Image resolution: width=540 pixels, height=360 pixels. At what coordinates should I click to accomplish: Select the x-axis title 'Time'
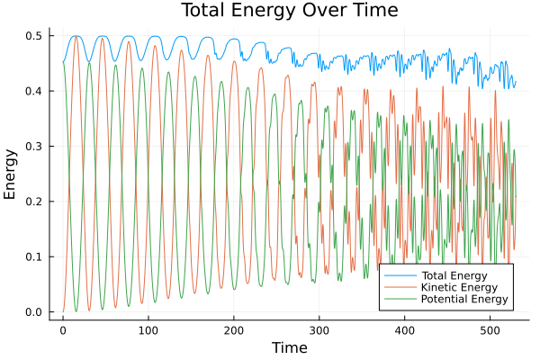click(289, 347)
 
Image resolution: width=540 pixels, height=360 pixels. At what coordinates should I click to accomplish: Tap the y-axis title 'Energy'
click(11, 175)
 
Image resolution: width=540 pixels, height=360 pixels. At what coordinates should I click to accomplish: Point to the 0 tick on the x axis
click(63, 329)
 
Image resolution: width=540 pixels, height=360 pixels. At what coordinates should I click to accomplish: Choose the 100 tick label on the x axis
click(148, 329)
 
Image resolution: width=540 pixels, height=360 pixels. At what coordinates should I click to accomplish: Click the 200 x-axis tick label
click(234, 329)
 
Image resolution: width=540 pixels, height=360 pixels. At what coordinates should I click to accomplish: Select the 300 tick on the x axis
click(319, 329)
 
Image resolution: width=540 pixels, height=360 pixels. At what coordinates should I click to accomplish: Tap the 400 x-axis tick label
click(405, 329)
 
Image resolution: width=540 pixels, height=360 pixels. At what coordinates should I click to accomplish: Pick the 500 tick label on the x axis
click(490, 329)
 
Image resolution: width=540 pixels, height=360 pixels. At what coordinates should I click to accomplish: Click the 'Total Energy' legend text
click(454, 274)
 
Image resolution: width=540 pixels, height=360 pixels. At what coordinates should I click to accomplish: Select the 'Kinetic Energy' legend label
click(458, 287)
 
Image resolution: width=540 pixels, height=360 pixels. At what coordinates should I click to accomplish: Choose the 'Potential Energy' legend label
click(463, 299)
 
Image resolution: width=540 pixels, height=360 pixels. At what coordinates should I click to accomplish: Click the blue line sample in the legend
click(395, 274)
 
